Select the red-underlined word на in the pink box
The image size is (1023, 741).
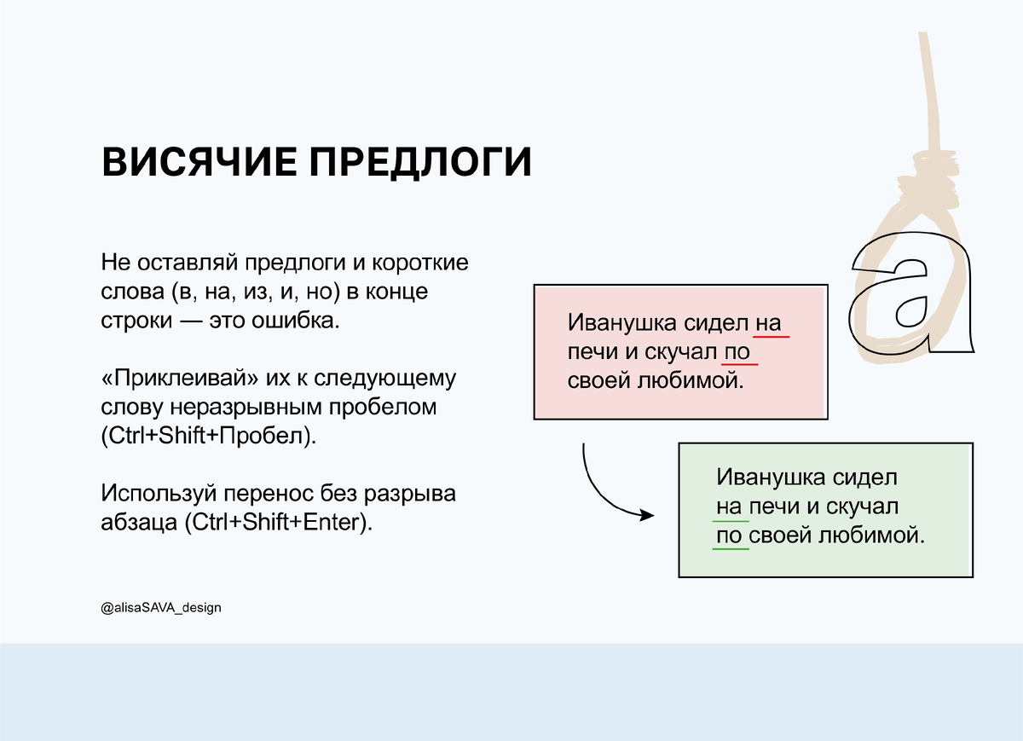tap(768, 324)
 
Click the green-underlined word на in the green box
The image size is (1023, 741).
tap(731, 507)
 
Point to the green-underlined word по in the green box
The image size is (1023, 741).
tap(731, 536)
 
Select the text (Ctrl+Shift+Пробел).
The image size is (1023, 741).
tap(208, 437)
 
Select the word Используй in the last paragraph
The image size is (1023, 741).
tap(159, 493)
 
